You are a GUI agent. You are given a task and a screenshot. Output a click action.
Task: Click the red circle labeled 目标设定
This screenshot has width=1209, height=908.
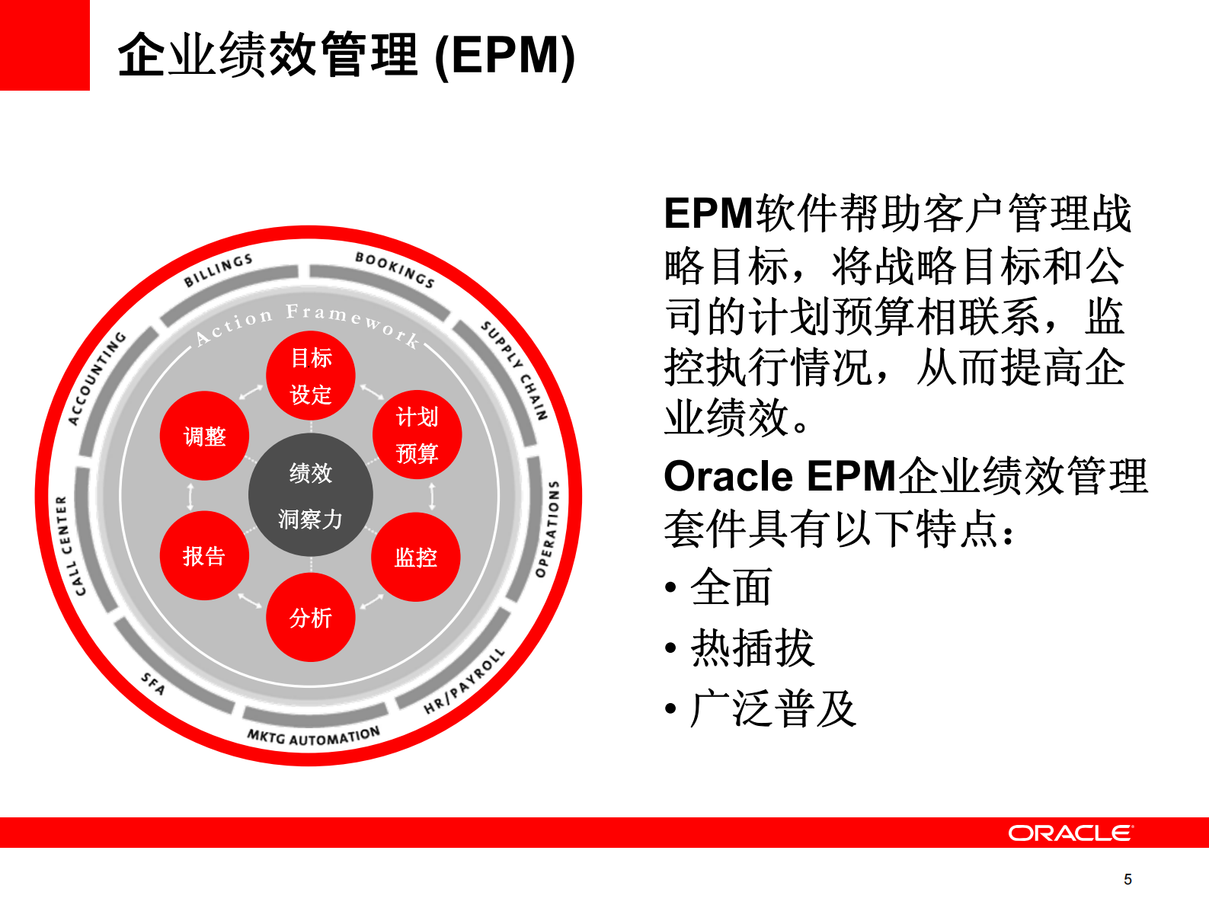(x=311, y=376)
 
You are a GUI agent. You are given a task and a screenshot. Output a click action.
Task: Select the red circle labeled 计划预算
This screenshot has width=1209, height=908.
(x=417, y=435)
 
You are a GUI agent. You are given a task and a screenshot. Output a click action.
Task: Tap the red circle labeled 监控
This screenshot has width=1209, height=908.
(x=416, y=557)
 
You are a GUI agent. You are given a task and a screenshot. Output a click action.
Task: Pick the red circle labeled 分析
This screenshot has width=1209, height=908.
(x=311, y=617)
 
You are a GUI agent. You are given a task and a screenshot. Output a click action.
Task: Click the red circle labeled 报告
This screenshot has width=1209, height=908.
(x=204, y=555)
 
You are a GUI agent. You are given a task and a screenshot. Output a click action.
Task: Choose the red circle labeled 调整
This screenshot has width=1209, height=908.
(x=204, y=436)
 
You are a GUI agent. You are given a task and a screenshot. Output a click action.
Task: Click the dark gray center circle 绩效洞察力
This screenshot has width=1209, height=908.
(x=311, y=495)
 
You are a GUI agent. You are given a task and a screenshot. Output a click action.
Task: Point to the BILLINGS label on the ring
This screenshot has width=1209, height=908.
(x=218, y=270)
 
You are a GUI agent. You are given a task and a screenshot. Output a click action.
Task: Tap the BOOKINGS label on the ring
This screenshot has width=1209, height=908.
(x=395, y=270)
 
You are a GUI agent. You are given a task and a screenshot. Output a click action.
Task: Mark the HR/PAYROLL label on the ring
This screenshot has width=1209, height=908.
(x=464, y=681)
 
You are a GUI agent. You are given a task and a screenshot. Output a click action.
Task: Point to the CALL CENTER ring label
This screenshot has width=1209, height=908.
(x=71, y=545)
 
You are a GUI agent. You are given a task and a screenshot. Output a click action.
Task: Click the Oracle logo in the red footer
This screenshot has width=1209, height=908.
(x=1070, y=833)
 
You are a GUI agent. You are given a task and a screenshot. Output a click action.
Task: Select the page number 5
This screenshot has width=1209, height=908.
(x=1127, y=879)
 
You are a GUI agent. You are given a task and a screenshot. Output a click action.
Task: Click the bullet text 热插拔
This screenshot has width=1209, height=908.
(x=752, y=648)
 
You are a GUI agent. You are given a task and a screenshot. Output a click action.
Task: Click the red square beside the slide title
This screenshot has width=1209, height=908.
(x=44, y=45)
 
